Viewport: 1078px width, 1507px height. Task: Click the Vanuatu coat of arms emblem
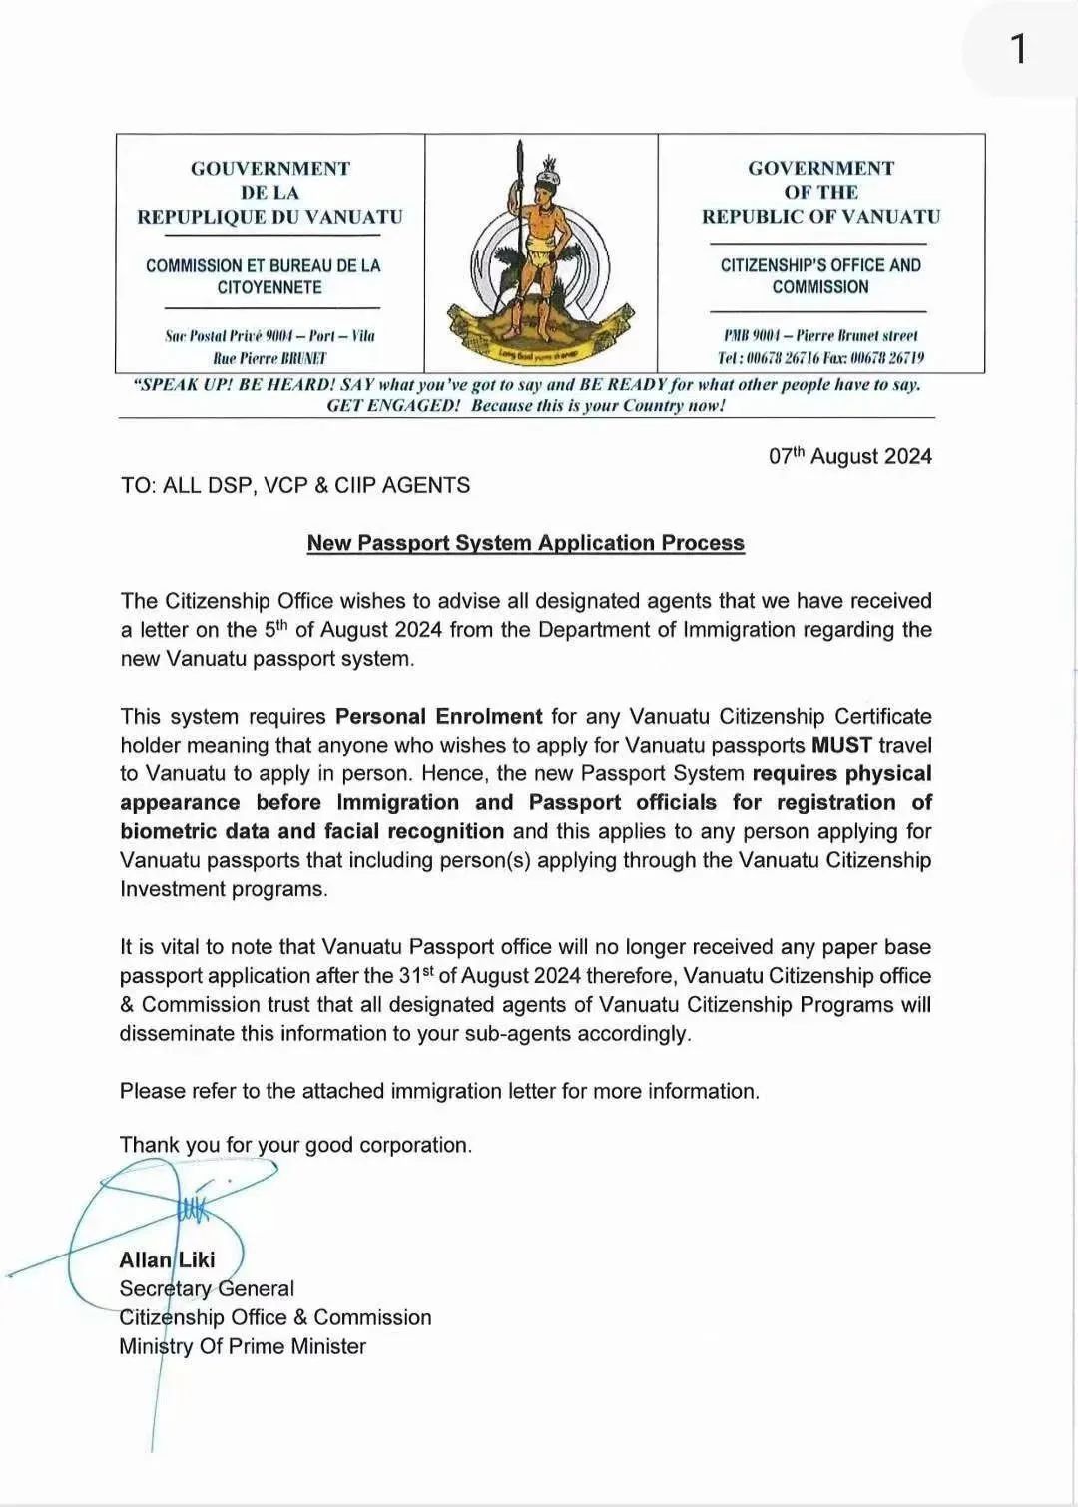tap(541, 254)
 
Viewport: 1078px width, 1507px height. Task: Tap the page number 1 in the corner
tap(1018, 48)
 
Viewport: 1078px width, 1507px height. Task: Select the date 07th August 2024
tap(849, 456)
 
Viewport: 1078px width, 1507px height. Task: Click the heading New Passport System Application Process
tap(525, 543)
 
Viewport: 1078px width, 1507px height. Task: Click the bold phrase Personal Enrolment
tap(438, 716)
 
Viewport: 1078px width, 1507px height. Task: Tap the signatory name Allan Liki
tap(167, 1259)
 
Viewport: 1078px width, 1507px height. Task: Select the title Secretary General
tap(207, 1288)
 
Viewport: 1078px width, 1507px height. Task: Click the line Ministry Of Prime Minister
tap(243, 1346)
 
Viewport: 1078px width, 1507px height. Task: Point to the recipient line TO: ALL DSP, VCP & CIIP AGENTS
tap(294, 485)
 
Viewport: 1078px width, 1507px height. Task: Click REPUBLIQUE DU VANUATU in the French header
tap(269, 217)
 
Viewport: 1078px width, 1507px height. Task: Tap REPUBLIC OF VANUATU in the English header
tap(820, 217)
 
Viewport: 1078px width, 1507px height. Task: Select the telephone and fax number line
tap(820, 358)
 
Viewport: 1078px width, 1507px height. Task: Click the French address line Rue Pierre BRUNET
tap(269, 358)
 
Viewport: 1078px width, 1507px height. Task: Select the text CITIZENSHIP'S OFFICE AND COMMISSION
tap(820, 276)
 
